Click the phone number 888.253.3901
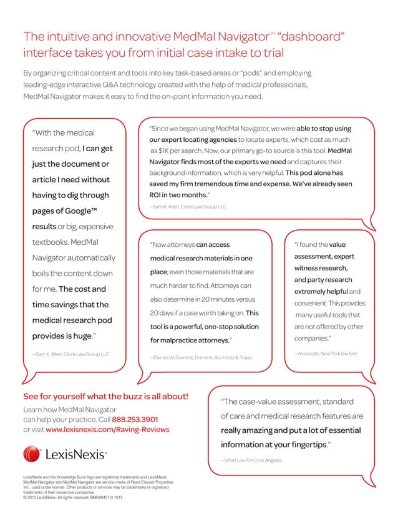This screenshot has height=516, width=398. point(135,419)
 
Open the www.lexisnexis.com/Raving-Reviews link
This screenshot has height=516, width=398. point(107,430)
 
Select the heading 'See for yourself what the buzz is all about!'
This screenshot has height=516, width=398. point(105,397)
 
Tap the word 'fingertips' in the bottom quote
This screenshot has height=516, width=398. point(304,445)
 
